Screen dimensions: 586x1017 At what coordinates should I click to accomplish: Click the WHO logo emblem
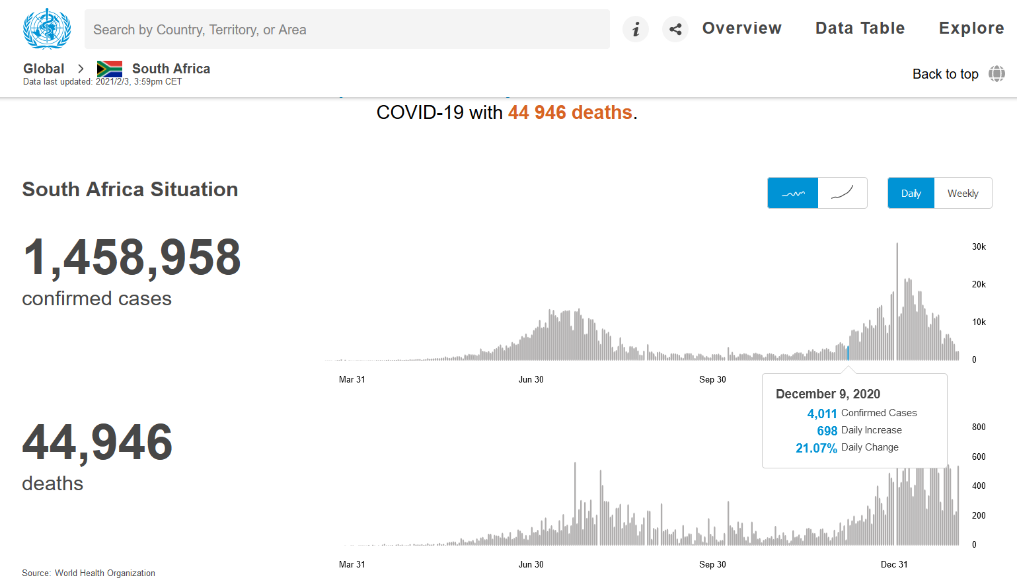(x=46, y=28)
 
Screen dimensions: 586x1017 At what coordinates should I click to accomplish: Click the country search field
(x=347, y=30)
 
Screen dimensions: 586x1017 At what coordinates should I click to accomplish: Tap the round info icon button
(x=636, y=29)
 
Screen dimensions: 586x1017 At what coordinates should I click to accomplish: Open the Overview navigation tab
(x=741, y=28)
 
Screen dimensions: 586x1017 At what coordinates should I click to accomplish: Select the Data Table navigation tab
(x=860, y=28)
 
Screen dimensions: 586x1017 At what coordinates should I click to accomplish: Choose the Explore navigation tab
(x=971, y=28)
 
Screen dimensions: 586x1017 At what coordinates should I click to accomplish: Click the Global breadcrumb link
(x=44, y=69)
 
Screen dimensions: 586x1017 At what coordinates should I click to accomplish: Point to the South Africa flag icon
(x=110, y=69)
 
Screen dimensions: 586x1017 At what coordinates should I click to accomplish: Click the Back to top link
(x=945, y=74)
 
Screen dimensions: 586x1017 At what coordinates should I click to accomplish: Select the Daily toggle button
(x=911, y=194)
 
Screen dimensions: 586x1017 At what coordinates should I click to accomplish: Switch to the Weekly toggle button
(x=963, y=194)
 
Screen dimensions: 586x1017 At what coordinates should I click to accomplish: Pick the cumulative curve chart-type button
(x=843, y=194)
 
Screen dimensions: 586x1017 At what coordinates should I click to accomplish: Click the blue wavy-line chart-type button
(x=793, y=194)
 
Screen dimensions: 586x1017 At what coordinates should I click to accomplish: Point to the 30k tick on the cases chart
(x=979, y=247)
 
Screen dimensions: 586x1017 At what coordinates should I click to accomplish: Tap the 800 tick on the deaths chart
(x=979, y=427)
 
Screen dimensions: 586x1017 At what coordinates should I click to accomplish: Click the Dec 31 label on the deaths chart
(x=894, y=565)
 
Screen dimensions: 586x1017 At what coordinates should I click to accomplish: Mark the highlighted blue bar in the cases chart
(x=848, y=353)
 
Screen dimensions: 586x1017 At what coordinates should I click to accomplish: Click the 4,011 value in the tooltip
(x=822, y=414)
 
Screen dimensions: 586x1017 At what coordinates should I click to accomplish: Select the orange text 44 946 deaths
(x=570, y=113)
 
